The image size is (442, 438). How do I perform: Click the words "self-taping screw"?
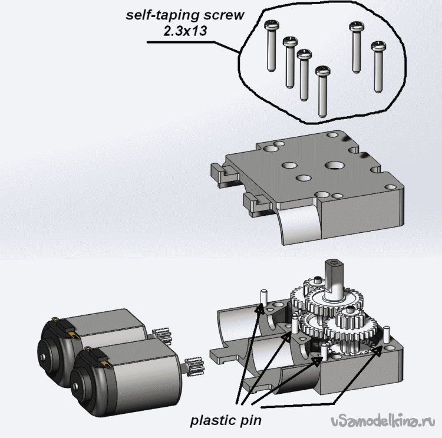184,15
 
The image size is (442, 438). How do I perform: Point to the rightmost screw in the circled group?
378,65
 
